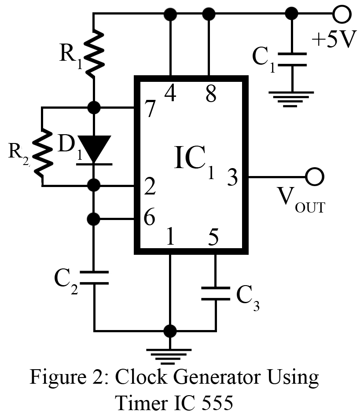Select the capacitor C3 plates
215,294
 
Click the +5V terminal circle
342,15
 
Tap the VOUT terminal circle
315,177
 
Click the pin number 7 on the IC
150,110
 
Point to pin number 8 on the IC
211,93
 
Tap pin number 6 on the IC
149,218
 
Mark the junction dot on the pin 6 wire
94,218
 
